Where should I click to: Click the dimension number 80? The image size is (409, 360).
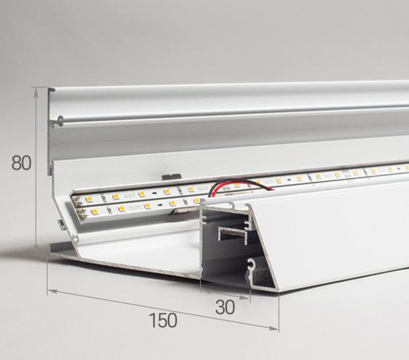(21, 163)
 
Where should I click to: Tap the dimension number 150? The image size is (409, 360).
(163, 320)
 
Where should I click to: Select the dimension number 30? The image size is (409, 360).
(225, 307)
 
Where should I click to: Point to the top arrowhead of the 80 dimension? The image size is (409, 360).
(36, 91)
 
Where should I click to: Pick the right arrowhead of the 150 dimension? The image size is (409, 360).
(273, 328)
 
